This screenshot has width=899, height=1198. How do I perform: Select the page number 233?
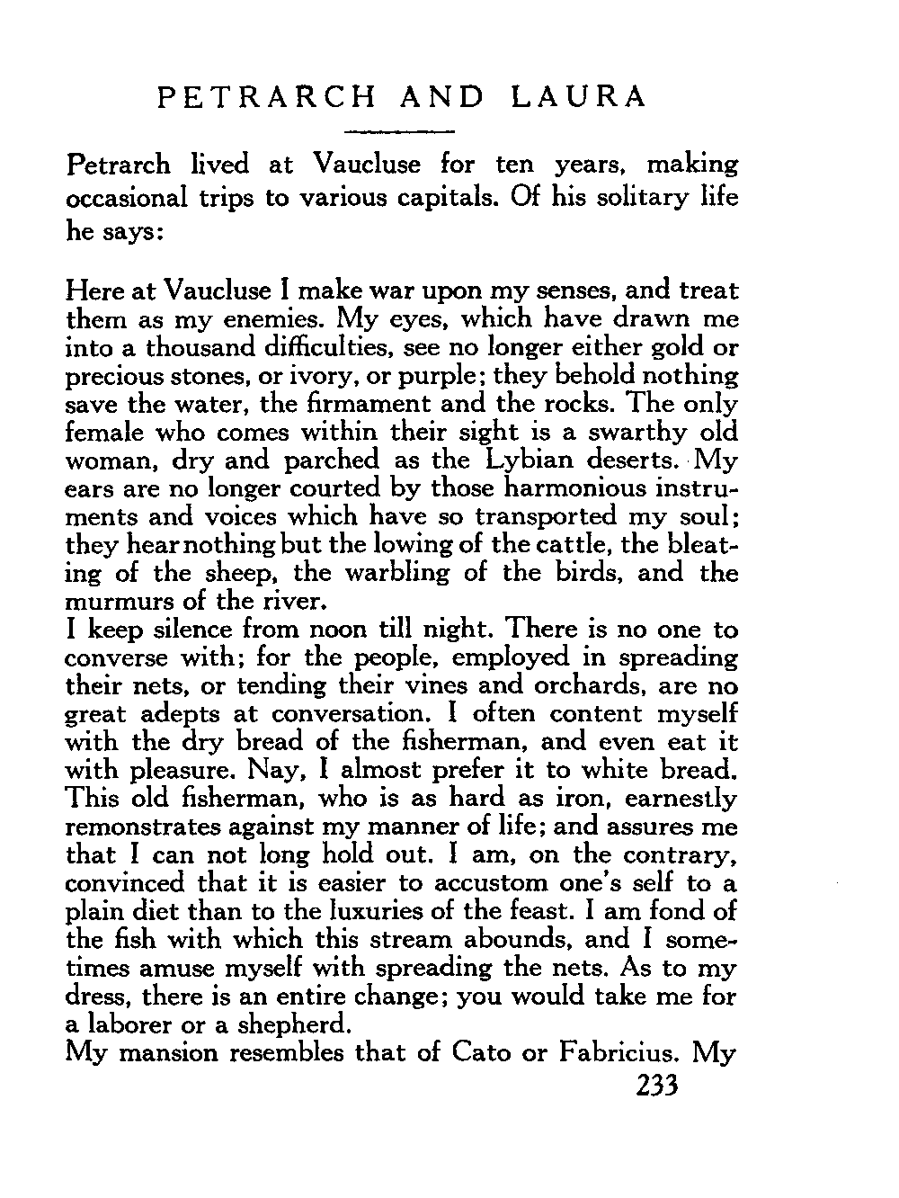click(x=654, y=1086)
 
